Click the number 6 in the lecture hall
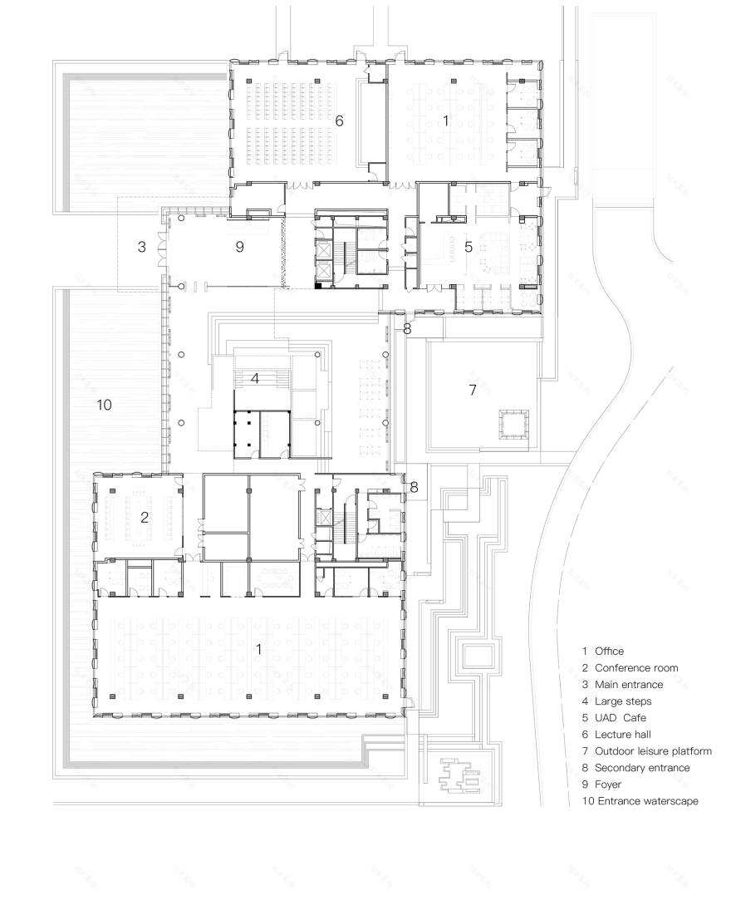pyautogui.click(x=339, y=121)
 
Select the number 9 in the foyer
pyautogui.click(x=239, y=247)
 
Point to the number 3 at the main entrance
pyautogui.click(x=142, y=247)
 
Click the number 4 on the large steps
pyautogui.click(x=256, y=378)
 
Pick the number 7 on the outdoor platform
pyautogui.click(x=472, y=390)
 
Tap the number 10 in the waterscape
pyautogui.click(x=104, y=405)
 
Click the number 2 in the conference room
pyautogui.click(x=145, y=516)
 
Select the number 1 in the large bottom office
pyautogui.click(x=259, y=649)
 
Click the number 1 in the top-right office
pyautogui.click(x=446, y=121)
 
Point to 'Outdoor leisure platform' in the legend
pyautogui.click(x=653, y=751)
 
